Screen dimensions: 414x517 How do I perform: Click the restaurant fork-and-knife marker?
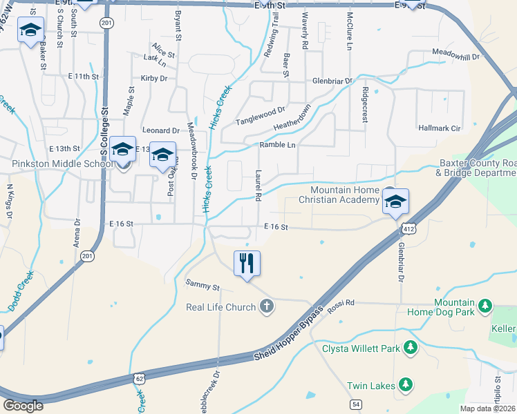[x=247, y=263]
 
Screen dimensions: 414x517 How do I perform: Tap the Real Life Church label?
[x=221, y=307]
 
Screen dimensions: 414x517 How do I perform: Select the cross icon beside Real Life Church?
[x=266, y=306]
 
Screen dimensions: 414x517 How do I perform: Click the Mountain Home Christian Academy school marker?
[x=395, y=201]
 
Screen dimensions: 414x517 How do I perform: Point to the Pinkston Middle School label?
[x=62, y=164]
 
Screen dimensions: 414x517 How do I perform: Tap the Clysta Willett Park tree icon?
[x=410, y=347]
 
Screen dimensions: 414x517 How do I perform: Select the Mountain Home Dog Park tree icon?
[x=485, y=304]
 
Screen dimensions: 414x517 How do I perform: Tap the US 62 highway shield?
[x=140, y=379]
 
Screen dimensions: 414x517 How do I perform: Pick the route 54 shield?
[x=355, y=404]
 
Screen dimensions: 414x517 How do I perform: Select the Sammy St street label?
[x=202, y=284]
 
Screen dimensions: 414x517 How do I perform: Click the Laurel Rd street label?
[x=257, y=186]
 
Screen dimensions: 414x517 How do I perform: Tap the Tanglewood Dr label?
[x=261, y=115]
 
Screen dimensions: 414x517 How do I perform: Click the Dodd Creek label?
[x=21, y=290]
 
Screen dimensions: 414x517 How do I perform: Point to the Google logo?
[x=23, y=405]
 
